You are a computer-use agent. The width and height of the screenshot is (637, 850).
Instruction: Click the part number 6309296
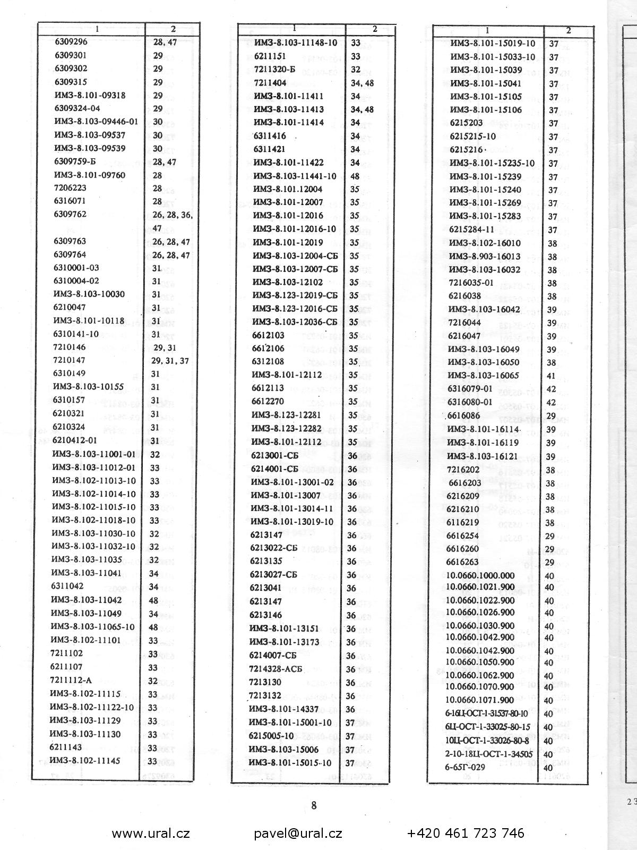point(71,42)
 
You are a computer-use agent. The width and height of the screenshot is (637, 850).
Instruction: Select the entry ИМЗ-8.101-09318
point(90,96)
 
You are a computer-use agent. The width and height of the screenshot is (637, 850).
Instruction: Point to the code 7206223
point(70,188)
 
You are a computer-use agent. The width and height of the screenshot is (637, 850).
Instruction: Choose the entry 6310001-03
point(76,268)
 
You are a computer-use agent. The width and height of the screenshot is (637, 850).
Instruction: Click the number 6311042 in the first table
point(67,586)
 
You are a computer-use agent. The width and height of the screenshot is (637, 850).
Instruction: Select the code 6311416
point(270,136)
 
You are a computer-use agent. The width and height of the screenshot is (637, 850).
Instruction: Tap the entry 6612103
point(268,335)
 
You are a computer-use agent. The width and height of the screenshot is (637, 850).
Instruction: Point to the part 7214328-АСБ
point(276,669)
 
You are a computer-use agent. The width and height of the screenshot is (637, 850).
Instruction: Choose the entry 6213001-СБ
point(274,456)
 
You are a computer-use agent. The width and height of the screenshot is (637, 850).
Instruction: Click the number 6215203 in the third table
point(466,123)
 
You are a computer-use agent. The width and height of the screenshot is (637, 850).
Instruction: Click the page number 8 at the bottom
point(314,805)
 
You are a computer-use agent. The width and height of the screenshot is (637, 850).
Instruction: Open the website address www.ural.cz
point(151,833)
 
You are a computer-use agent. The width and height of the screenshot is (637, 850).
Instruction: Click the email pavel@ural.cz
point(298,833)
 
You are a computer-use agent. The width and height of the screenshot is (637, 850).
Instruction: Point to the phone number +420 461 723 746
point(466,833)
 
